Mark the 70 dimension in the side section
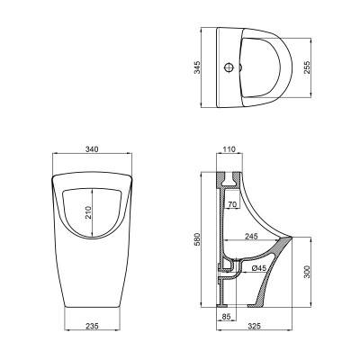pos(232,206)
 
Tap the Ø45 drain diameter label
pos(257,267)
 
